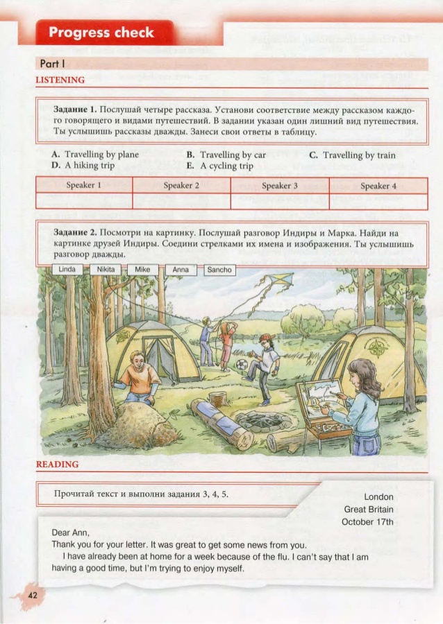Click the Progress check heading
click(101, 33)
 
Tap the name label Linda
click(67, 269)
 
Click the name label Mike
click(142, 269)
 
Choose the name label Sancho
click(219, 269)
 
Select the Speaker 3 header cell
click(280, 186)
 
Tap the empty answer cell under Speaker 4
click(378, 201)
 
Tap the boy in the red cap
click(265, 367)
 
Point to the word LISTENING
click(60, 80)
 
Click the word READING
click(57, 464)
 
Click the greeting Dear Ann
click(71, 532)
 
